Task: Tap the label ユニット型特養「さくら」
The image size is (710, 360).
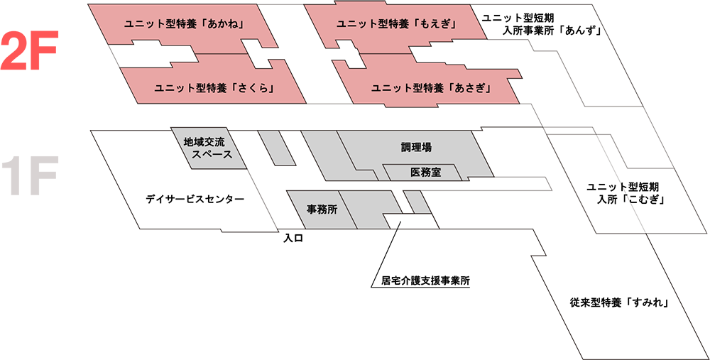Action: tap(214, 89)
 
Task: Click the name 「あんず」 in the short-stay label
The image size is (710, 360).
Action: tap(582, 31)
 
